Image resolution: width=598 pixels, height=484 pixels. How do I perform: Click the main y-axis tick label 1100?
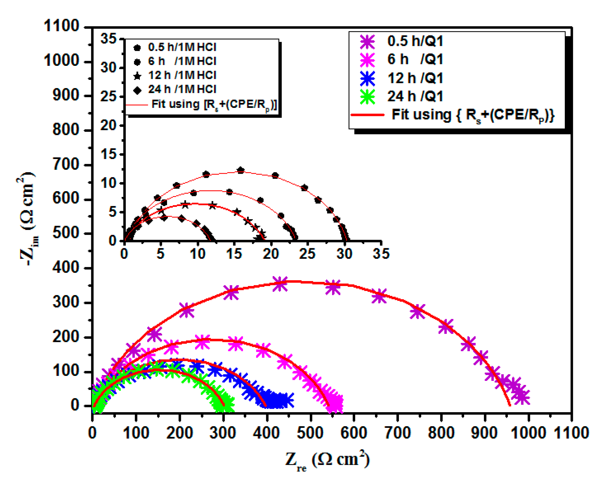pyautogui.click(x=61, y=26)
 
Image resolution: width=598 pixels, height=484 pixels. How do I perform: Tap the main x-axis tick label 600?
pyautogui.click(x=354, y=433)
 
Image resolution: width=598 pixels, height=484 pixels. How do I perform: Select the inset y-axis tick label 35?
pyautogui.click(x=108, y=38)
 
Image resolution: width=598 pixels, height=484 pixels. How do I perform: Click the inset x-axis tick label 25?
pyautogui.click(x=307, y=254)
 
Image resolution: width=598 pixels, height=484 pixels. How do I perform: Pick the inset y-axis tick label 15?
pyautogui.click(x=108, y=154)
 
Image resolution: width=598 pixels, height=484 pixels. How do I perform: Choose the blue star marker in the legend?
pyautogui.click(x=367, y=78)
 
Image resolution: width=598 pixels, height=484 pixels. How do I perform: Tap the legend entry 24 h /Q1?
pyautogui.click(x=415, y=96)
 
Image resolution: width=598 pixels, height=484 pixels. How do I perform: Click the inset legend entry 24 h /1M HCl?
pyautogui.click(x=182, y=90)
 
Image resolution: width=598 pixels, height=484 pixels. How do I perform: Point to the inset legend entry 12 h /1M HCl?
pyautogui.click(x=182, y=75)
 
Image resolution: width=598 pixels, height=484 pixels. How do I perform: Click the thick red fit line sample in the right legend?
pyautogui.click(x=367, y=115)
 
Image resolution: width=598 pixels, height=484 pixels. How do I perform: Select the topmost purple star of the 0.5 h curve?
pyautogui.click(x=280, y=284)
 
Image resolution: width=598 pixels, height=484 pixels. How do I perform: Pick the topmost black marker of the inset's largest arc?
pyautogui.click(x=241, y=170)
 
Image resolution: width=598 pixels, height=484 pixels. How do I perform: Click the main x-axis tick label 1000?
pyautogui.click(x=528, y=433)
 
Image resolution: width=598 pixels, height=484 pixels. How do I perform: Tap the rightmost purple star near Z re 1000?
pyautogui.click(x=522, y=397)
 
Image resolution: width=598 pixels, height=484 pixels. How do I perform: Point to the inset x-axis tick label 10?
pyautogui.click(x=198, y=254)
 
